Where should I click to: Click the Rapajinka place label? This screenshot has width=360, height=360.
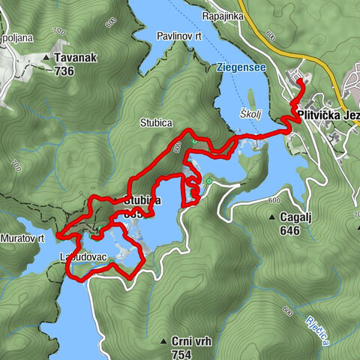[226, 14]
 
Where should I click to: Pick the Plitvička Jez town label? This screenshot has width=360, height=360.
[327, 115]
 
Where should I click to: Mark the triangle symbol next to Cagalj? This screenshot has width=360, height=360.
[271, 217]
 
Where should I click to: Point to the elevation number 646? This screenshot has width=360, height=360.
[289, 230]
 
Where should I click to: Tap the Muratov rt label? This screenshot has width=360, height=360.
[23, 238]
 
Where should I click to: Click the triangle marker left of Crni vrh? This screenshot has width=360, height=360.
[163, 341]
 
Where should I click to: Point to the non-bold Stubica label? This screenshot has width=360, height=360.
[155, 122]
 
